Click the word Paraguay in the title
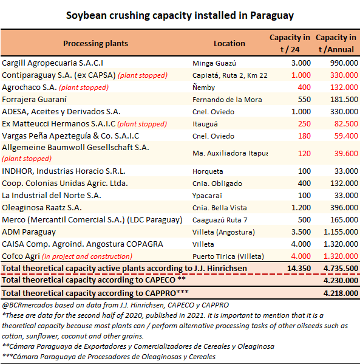pyautogui.click(x=272, y=16)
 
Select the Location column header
pyautogui.click(x=229, y=43)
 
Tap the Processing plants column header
pyautogui.click(x=95, y=44)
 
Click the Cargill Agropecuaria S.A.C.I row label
pyautogui.click(x=52, y=63)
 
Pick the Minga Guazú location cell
pyautogui.click(x=214, y=63)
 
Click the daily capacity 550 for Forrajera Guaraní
pyautogui.click(x=304, y=100)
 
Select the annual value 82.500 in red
pyautogui.click(x=346, y=124)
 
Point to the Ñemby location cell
pyautogui.click(x=203, y=88)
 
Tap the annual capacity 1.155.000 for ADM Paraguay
pyautogui.click(x=341, y=232)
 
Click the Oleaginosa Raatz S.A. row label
pyautogui.click(x=42, y=208)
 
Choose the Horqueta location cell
pyautogui.click(x=208, y=171)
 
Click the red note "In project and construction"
pyautogui.click(x=87, y=256)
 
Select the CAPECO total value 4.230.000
pyautogui.click(x=341, y=280)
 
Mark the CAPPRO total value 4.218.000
pyautogui.click(x=341, y=293)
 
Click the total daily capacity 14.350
pyautogui.click(x=299, y=269)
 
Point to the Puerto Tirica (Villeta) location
pyautogui.click(x=228, y=256)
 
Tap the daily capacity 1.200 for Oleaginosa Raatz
pyautogui.click(x=301, y=208)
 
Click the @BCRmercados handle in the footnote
pyautogui.click(x=27, y=305)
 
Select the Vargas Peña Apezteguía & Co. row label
pyautogui.click(x=70, y=136)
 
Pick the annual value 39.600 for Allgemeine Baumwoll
pyautogui.click(x=346, y=154)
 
